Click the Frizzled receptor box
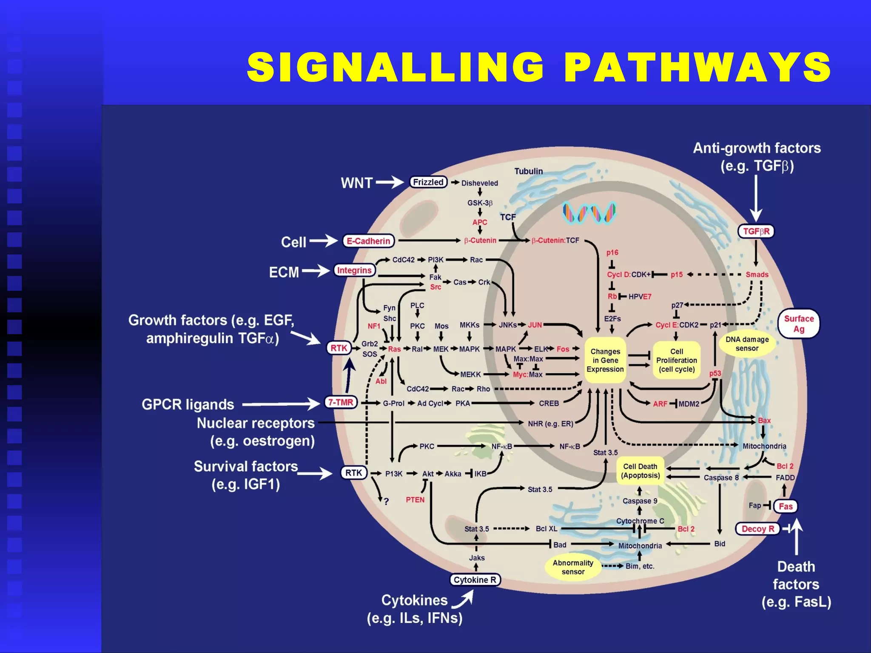point(428,182)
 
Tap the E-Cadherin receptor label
point(368,241)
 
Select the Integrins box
point(354,270)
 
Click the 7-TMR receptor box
point(341,402)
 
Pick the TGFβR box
point(756,231)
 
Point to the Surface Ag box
point(799,324)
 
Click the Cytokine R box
point(475,580)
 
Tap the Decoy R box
point(757,529)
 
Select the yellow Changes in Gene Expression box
point(605,360)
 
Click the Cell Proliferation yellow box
point(676,360)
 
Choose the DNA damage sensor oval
point(747,344)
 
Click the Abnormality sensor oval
point(572,567)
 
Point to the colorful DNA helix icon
point(589,213)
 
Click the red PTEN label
point(415,500)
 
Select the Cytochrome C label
point(640,521)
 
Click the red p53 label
point(715,373)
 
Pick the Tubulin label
point(528,171)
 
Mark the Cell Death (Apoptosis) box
point(640,471)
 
